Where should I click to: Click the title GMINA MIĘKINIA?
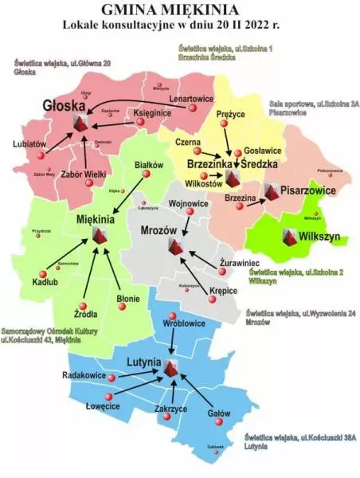180,9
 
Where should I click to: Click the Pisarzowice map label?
311,193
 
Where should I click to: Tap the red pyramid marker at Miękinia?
100,235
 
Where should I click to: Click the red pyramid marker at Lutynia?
170,368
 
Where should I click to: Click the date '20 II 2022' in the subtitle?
250,25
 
